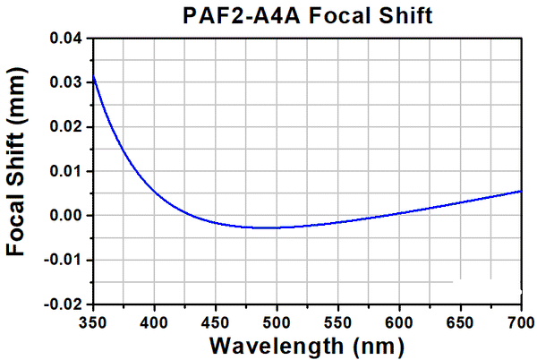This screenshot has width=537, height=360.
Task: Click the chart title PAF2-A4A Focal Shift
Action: (x=306, y=15)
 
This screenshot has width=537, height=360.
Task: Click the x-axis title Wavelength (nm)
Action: (x=306, y=345)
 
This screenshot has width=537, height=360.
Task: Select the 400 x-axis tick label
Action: (x=154, y=321)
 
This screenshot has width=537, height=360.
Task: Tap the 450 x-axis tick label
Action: (x=216, y=321)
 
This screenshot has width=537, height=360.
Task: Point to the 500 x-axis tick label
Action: (x=277, y=321)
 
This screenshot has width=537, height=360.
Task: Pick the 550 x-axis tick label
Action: (x=337, y=321)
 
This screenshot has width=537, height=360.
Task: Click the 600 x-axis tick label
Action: (x=399, y=321)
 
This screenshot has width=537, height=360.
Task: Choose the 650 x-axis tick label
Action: (x=460, y=321)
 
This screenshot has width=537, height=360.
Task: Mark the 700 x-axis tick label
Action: (x=520, y=321)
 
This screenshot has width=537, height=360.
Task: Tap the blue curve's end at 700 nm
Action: (x=521, y=191)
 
